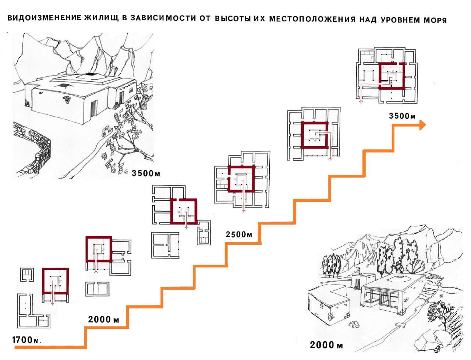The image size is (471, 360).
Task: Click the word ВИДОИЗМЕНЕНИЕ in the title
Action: tap(44, 18)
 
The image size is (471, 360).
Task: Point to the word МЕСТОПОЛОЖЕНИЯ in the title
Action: tap(312, 19)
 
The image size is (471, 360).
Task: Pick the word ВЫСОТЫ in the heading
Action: tap(233, 19)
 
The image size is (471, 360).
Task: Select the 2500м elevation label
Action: tap(239, 234)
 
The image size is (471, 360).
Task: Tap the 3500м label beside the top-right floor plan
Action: tap(402, 116)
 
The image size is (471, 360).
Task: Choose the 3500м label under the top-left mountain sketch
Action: tap(146, 173)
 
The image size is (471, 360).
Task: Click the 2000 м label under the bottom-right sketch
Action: tap(326, 345)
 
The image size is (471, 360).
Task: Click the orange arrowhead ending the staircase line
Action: tap(422, 125)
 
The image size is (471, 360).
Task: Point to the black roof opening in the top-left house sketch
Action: tap(91, 75)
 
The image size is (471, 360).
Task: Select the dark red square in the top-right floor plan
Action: tap(392, 76)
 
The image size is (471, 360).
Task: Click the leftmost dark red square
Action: tap(55, 281)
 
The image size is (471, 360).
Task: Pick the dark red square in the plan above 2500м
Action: tap(241, 179)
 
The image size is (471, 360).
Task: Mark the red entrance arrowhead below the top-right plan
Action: tap(361, 100)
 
